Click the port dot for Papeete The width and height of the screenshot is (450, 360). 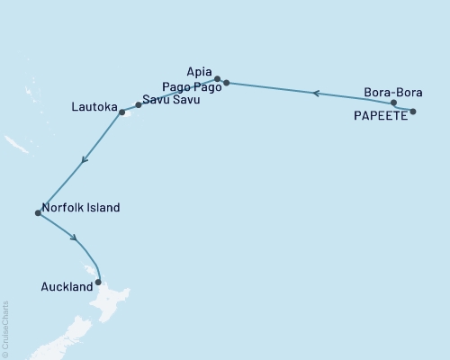413,112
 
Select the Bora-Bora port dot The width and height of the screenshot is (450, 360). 394,103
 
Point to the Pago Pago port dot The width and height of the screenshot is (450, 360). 226,83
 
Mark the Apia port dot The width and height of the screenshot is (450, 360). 217,78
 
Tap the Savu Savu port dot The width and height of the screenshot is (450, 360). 138,105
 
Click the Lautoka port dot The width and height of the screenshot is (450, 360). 121,113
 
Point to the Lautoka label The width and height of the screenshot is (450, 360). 94,107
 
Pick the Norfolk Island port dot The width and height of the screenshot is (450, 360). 37,213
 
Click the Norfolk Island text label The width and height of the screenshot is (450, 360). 81,207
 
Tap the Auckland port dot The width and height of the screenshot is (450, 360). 98,282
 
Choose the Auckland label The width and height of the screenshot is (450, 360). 67,287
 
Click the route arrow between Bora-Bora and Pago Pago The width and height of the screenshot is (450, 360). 315,93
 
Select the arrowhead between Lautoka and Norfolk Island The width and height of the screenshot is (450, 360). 84,160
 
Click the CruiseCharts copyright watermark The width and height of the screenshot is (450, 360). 5,328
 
